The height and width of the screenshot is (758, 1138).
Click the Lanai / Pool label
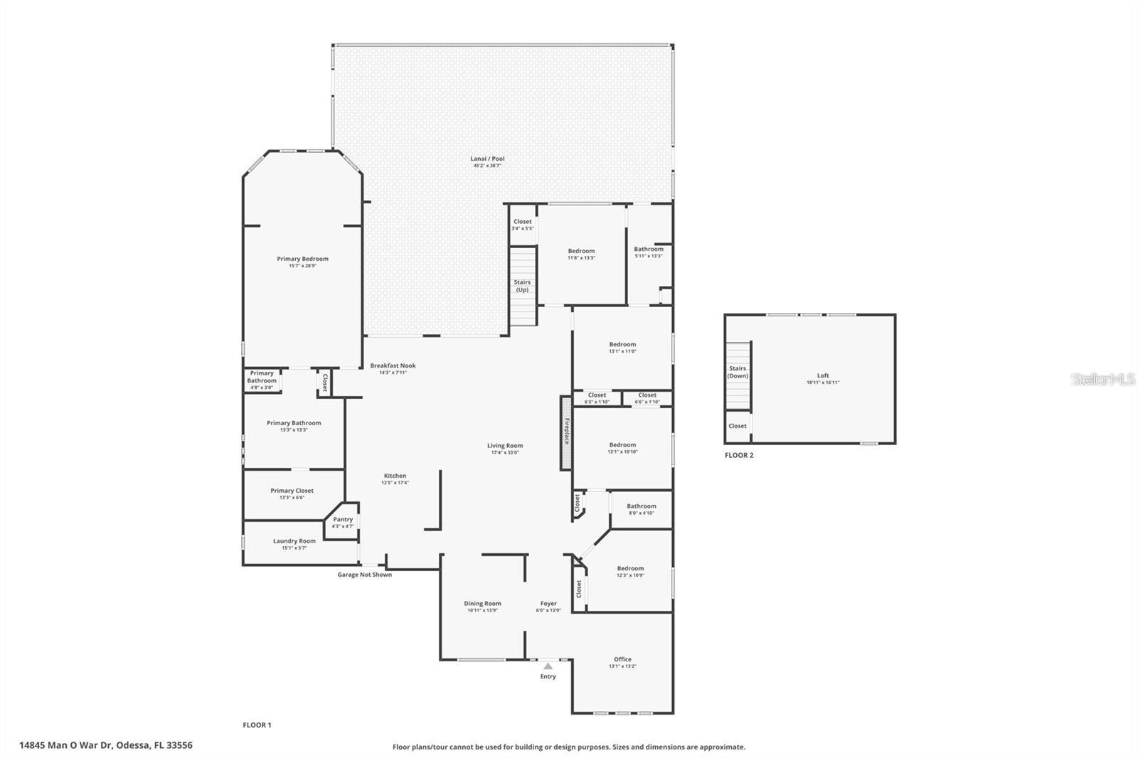point(487,159)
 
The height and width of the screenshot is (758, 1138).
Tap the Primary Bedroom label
point(302,260)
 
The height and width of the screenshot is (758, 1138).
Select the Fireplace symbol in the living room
point(566,433)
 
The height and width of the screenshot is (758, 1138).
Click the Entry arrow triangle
point(548,666)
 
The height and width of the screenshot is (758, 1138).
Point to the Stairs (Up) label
point(522,286)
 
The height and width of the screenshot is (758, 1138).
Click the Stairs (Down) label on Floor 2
point(738,372)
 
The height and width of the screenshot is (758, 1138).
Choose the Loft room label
point(823,376)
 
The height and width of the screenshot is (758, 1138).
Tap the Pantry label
point(343,520)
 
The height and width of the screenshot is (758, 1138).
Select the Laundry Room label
point(294,541)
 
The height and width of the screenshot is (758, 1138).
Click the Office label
point(622,660)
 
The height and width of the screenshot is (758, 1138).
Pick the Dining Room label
point(482,604)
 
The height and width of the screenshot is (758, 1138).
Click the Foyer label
point(548,604)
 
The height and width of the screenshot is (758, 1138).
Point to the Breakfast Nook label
point(393,366)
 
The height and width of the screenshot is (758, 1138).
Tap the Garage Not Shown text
point(364,575)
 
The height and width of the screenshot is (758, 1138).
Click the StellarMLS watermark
point(1103,380)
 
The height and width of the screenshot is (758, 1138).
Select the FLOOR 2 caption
point(739,455)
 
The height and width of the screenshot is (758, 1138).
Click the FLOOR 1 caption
point(257,725)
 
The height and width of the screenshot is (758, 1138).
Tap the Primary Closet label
point(292,491)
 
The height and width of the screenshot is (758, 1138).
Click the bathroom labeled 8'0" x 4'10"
point(641,507)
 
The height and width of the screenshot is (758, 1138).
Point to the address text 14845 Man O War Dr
point(105,745)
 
